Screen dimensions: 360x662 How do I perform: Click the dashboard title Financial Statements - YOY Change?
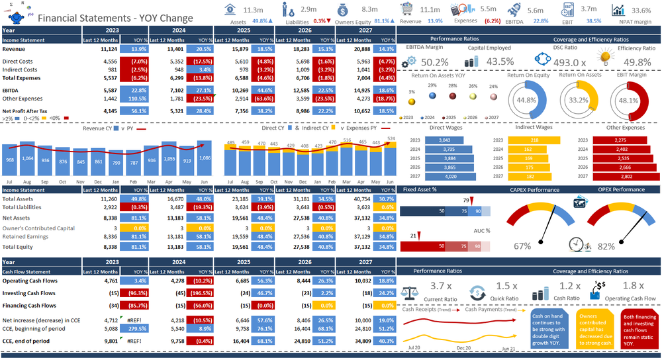click(115, 19)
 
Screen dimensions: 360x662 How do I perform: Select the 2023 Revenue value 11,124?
click(109, 50)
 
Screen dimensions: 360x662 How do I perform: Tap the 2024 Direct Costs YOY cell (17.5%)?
click(199, 61)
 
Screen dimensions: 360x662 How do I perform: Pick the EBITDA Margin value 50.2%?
click(435, 62)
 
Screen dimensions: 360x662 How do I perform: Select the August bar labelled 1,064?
click(28, 159)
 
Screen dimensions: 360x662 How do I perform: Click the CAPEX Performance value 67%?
click(522, 246)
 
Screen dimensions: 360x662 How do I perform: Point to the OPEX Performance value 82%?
click(606, 246)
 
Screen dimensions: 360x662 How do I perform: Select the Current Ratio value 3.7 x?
click(441, 286)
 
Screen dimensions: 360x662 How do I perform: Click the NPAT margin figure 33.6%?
click(641, 11)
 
